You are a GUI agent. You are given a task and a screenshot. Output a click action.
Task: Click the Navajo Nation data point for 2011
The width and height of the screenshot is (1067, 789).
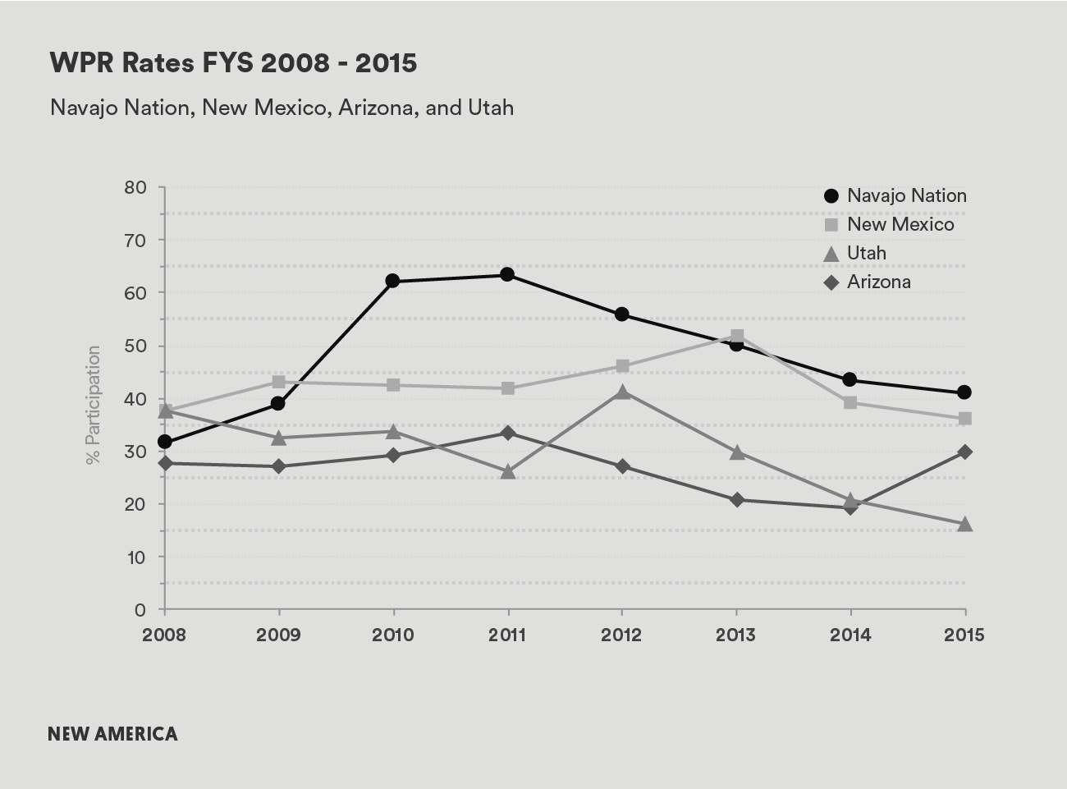[x=507, y=274]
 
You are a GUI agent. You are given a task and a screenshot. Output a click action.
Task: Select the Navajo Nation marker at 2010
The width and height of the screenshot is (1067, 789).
[x=392, y=281]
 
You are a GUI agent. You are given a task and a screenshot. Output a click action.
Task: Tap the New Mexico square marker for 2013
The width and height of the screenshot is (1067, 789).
[x=736, y=337]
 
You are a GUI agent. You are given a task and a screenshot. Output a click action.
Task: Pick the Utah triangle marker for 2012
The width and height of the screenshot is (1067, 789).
[x=622, y=392]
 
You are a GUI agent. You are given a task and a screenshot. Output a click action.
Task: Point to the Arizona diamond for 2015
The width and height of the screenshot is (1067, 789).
[x=965, y=452]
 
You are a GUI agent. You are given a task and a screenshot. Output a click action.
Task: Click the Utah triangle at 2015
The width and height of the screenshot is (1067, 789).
[x=965, y=524]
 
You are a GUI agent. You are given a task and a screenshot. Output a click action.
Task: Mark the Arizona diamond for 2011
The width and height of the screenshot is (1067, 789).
[x=507, y=433]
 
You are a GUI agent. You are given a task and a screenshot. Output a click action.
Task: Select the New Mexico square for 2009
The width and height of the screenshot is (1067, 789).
[x=278, y=382]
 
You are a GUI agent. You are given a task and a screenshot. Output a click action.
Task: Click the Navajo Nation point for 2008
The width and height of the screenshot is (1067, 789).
[x=164, y=442]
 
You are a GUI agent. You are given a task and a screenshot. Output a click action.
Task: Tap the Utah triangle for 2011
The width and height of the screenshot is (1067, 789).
[x=507, y=471]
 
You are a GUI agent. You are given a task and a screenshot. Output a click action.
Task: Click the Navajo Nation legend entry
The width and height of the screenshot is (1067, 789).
[x=895, y=195]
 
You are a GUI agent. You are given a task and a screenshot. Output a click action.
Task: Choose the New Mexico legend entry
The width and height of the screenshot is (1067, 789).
[x=889, y=224]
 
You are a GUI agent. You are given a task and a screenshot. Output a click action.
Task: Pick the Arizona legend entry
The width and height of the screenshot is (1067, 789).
[x=868, y=282]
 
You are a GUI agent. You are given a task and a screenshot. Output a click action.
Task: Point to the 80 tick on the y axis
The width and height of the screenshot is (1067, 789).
[x=136, y=187]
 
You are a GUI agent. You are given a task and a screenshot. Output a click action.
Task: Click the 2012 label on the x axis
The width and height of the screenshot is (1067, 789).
[x=621, y=635]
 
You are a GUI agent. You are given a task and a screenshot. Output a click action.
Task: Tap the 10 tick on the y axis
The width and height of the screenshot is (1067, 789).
[x=136, y=557]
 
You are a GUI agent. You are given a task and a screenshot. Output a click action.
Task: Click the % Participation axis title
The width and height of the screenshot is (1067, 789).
[x=93, y=404]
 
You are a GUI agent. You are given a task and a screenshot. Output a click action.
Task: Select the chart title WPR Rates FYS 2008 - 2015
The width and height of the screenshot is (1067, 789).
[x=233, y=63]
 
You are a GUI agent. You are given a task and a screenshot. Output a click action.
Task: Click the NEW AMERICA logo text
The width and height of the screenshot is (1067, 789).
[x=112, y=733]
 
